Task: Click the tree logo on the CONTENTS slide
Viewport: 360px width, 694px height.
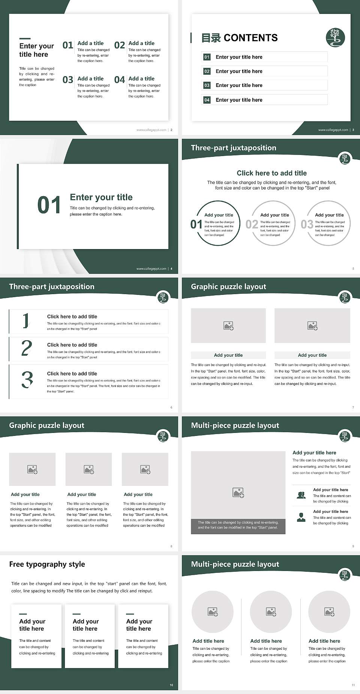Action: coord(335,38)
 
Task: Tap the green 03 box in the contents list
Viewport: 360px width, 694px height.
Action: coord(207,86)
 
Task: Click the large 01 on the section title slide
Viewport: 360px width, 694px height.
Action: coord(49,205)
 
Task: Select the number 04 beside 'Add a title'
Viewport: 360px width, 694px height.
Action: coord(120,80)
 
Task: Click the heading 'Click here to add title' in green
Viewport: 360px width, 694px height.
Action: coord(271,173)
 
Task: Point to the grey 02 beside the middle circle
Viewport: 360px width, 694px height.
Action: coord(252,224)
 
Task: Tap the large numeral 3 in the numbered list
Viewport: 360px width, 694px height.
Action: coord(27,380)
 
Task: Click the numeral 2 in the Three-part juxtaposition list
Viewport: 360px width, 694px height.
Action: coord(27,349)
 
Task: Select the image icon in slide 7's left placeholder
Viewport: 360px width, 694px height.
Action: coord(228,326)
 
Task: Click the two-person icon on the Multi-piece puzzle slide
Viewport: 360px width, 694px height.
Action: coord(301,495)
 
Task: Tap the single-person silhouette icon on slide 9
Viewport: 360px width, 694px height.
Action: coord(301,517)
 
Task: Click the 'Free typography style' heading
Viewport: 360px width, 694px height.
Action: coord(47,564)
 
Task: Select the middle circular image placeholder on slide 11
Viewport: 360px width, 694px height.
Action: coord(271,612)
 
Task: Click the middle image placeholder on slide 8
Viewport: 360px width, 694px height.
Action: coord(88,469)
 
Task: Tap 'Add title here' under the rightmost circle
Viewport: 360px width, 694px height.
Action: coord(324,641)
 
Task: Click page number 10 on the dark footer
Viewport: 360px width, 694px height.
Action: coord(171,685)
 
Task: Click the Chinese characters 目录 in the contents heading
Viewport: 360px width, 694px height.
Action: coord(211,38)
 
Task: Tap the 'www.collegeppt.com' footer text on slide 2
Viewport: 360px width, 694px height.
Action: coord(151,130)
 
